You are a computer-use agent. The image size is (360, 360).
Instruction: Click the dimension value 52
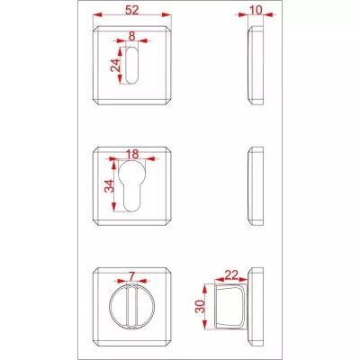(132, 10)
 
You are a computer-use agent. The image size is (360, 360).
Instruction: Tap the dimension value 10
(256, 10)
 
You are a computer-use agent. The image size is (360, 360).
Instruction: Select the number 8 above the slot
(132, 36)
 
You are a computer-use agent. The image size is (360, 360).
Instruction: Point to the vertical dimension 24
(115, 64)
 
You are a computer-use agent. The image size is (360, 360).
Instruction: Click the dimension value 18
(132, 154)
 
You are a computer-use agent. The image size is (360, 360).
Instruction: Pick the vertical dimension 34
(109, 186)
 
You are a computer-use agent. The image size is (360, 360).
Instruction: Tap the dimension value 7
(132, 276)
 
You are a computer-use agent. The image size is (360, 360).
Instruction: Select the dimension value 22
(231, 274)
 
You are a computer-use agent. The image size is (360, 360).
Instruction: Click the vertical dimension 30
(200, 306)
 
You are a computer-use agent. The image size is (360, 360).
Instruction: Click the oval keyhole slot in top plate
(132, 65)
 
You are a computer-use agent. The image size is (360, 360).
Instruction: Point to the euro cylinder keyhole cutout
(132, 186)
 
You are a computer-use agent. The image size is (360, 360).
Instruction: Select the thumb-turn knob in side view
(231, 307)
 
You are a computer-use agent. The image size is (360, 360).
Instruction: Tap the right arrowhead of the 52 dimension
(166, 14)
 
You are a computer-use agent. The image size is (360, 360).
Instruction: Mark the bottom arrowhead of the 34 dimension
(113, 207)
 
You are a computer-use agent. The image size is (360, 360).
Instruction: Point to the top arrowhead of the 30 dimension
(205, 289)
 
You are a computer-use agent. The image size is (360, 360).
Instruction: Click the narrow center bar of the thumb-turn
(132, 307)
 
